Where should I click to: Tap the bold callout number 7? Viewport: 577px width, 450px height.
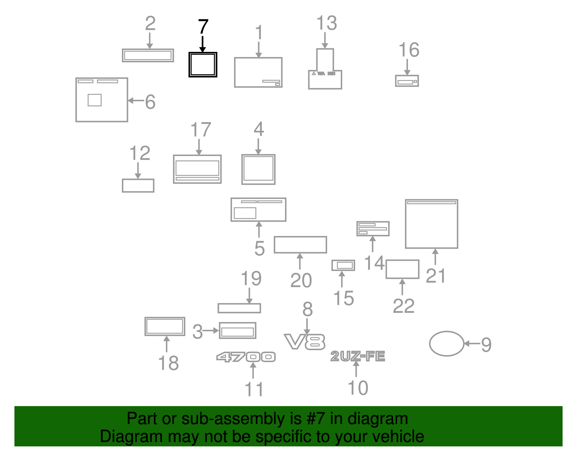(x=203, y=27)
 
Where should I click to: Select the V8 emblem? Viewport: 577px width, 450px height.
(x=305, y=342)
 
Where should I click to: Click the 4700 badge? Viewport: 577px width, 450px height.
(x=246, y=357)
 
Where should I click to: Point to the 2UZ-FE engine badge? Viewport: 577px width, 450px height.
(x=358, y=356)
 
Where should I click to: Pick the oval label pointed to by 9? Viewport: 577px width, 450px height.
(x=430, y=344)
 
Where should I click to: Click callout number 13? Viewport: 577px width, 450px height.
(x=327, y=23)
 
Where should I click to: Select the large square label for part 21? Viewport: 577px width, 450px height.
(x=406, y=224)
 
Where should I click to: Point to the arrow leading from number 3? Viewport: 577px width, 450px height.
(x=211, y=331)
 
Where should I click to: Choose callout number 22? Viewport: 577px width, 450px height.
(x=404, y=306)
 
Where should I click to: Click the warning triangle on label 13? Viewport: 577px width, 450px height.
(x=314, y=73)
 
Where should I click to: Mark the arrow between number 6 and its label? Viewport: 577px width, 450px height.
(x=136, y=101)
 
